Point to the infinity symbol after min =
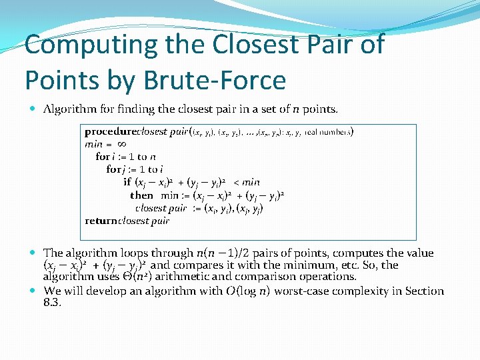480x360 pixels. coord(122,144)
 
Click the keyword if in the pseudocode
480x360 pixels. coord(127,182)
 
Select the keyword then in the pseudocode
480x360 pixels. coord(141,195)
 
